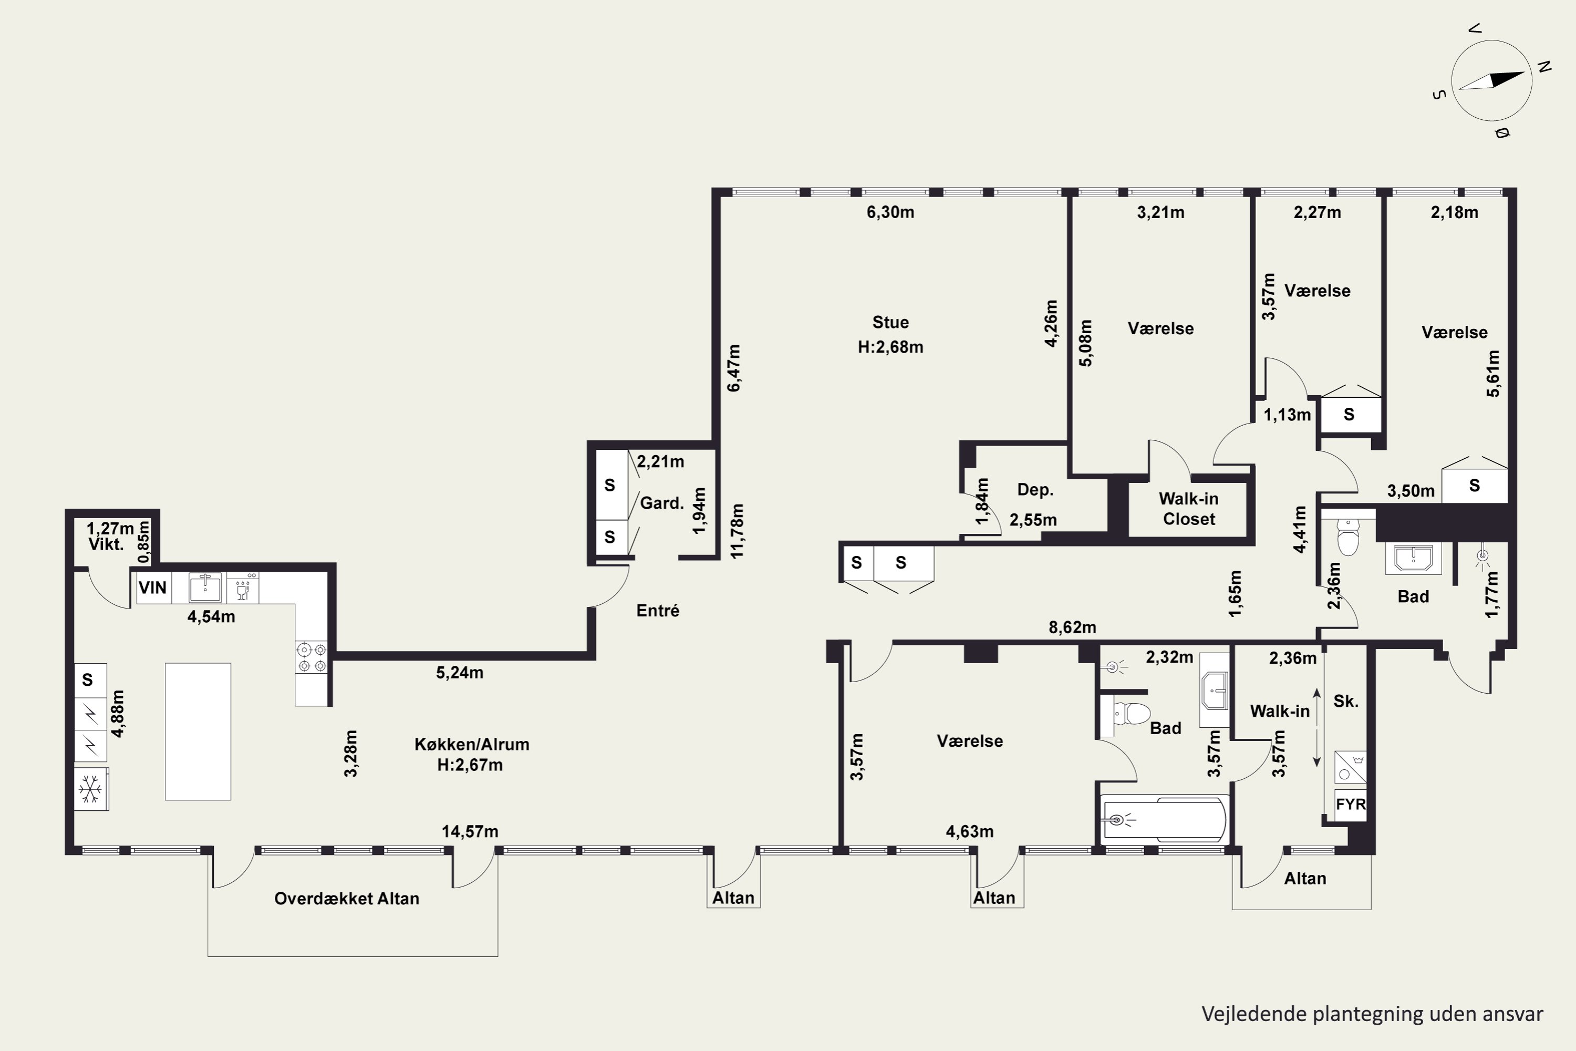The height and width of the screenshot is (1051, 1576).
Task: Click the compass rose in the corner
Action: tap(1491, 80)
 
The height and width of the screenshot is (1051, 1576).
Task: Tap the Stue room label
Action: tap(890, 323)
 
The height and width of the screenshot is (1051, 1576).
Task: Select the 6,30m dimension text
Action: tap(890, 212)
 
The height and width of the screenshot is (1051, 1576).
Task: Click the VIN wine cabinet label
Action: tap(153, 588)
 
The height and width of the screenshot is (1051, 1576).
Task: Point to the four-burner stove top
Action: tap(312, 657)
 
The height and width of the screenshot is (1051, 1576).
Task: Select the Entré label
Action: tap(658, 611)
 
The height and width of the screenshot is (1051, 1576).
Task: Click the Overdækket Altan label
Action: tap(347, 899)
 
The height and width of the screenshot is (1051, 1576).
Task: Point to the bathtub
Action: tap(1165, 819)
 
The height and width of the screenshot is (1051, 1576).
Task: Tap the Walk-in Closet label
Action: tap(1189, 509)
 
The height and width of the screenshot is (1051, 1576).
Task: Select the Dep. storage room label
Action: tap(1035, 490)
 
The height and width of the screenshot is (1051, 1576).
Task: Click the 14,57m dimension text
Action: tap(470, 832)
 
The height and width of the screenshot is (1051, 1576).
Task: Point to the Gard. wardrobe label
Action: tap(662, 503)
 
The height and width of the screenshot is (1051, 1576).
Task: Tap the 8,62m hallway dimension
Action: tap(1072, 627)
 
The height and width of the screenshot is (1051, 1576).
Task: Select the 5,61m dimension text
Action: tap(1494, 373)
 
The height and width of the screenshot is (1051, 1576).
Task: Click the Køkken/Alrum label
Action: tap(472, 744)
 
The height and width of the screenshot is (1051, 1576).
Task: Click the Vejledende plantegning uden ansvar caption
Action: tap(1372, 1014)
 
